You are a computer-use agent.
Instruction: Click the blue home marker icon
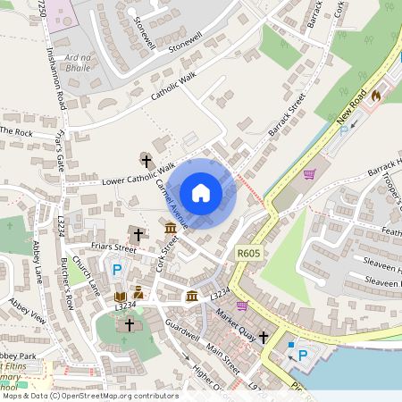coord(201,193)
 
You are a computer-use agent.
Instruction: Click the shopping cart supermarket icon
coord(310,174)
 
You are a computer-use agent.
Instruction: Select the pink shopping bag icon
coord(241,306)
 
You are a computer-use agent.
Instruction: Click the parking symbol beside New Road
coord(344,131)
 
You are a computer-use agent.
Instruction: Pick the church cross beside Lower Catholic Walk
coord(146,161)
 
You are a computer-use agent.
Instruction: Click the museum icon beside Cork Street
coord(170,230)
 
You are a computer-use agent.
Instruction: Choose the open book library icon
coord(120,296)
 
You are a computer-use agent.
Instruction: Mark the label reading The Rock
coord(16,131)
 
